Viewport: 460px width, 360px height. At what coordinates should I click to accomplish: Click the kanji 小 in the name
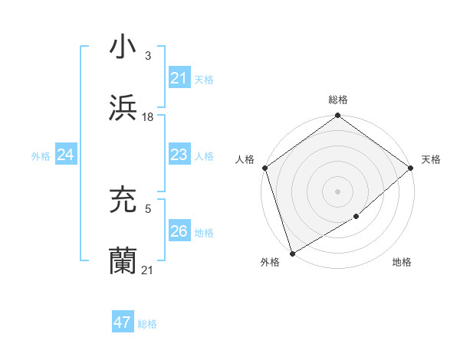click(123, 47)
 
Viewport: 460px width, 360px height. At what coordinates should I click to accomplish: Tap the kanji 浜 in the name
click(123, 108)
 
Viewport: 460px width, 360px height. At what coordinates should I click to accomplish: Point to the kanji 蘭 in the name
click(123, 261)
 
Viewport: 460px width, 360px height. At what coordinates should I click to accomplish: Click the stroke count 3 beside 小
click(147, 56)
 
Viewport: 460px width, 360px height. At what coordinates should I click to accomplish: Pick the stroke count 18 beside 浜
click(148, 116)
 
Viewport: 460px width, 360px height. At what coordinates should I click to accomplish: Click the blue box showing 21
click(179, 78)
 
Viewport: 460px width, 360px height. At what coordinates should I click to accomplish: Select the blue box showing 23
click(179, 155)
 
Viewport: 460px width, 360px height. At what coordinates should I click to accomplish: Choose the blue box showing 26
click(179, 231)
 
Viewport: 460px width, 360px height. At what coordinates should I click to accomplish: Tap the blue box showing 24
click(66, 155)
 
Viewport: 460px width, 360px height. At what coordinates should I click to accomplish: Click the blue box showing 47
click(123, 322)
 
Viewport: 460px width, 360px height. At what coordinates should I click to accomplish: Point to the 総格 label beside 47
click(147, 324)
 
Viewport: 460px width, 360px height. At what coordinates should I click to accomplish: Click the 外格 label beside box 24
click(41, 156)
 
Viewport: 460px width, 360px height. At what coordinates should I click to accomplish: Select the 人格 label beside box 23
click(204, 156)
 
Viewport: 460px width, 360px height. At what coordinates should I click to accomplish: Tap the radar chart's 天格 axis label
click(431, 159)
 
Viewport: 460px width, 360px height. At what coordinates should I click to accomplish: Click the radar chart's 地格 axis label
click(402, 262)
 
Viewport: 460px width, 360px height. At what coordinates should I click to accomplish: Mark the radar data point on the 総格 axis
click(337, 116)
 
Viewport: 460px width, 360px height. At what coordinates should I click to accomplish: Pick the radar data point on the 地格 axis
click(356, 217)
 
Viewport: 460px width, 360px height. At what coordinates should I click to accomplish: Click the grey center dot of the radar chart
click(337, 191)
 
